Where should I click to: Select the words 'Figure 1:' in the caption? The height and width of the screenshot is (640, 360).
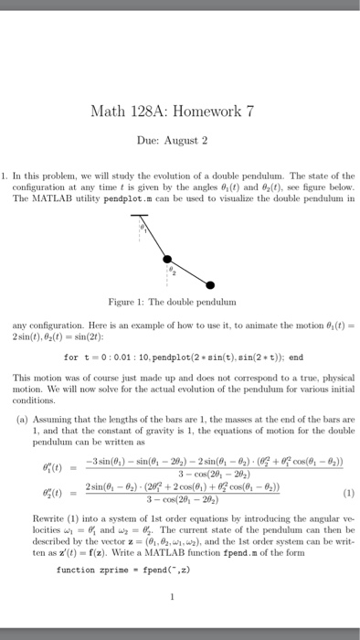(141, 301)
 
